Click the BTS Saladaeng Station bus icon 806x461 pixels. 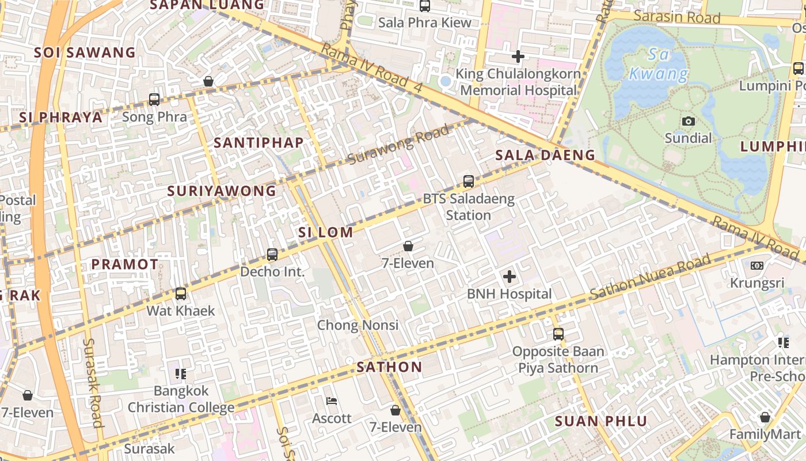(469, 182)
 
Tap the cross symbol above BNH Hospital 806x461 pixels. (510, 277)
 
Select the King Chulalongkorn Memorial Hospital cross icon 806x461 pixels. (518, 56)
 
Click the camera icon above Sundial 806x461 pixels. (688, 121)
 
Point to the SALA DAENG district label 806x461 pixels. (545, 155)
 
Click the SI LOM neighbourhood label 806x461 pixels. (325, 232)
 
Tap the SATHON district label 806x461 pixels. (389, 367)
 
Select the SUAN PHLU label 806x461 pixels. (601, 421)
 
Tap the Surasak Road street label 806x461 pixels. (93, 383)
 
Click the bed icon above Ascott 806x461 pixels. (332, 401)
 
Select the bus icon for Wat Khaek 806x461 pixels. (181, 294)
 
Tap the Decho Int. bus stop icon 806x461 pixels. (272, 254)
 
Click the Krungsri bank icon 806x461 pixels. (756, 266)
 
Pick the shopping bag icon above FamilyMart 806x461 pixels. (765, 417)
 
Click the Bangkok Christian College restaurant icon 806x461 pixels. (181, 374)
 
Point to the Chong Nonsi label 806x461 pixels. (358, 325)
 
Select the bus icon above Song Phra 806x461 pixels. (154, 99)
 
